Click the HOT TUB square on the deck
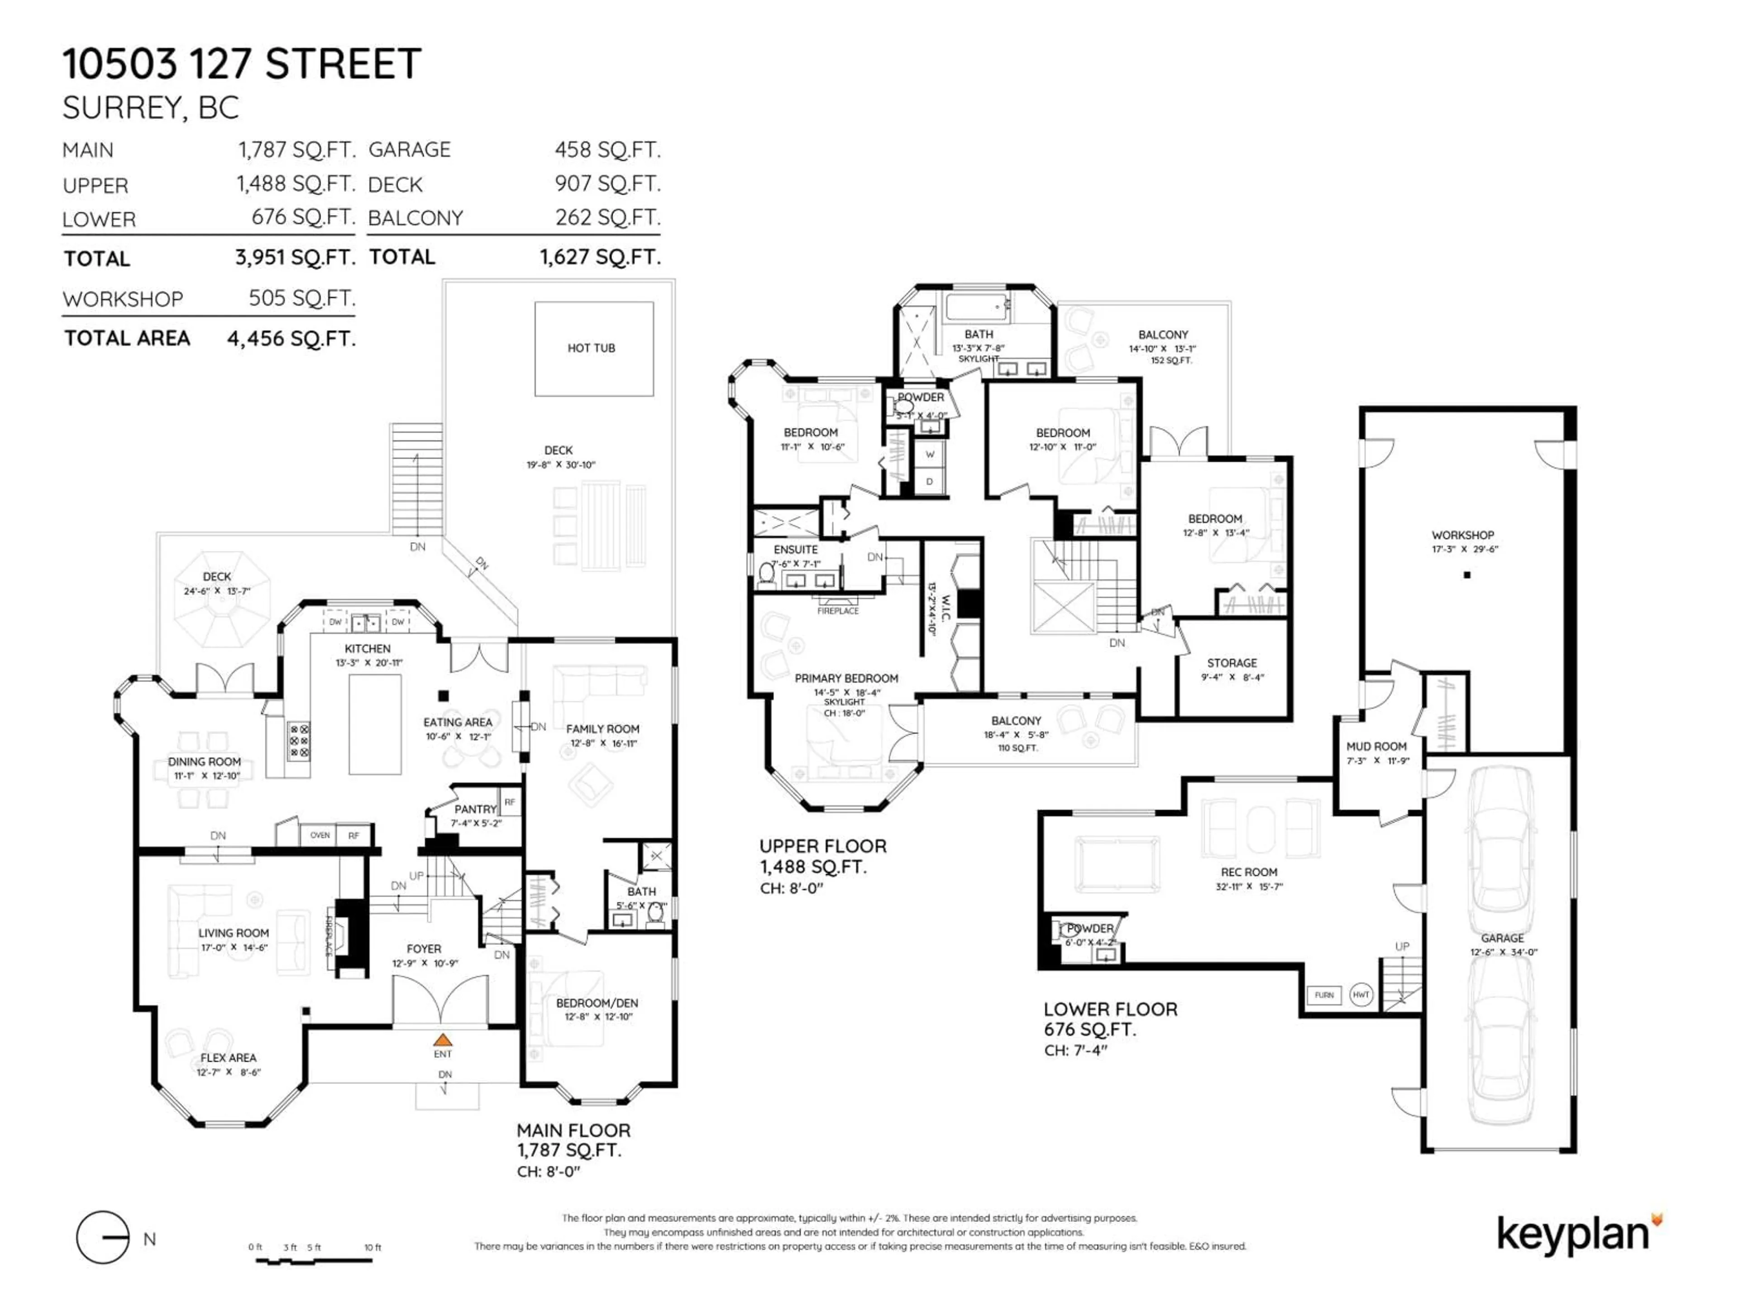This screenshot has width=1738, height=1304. [x=593, y=348]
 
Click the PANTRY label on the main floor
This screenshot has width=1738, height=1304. [x=475, y=809]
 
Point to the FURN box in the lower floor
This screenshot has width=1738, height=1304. [x=1324, y=995]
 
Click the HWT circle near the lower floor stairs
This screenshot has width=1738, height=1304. [x=1361, y=995]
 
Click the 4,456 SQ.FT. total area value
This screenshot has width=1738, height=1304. [x=291, y=339]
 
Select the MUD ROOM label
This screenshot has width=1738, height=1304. [x=1376, y=747]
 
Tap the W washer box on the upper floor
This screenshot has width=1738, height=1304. [x=930, y=454]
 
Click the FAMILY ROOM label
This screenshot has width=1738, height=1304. [x=603, y=729]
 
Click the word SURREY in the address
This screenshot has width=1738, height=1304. [x=123, y=108]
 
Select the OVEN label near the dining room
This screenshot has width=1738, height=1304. [x=320, y=835]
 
